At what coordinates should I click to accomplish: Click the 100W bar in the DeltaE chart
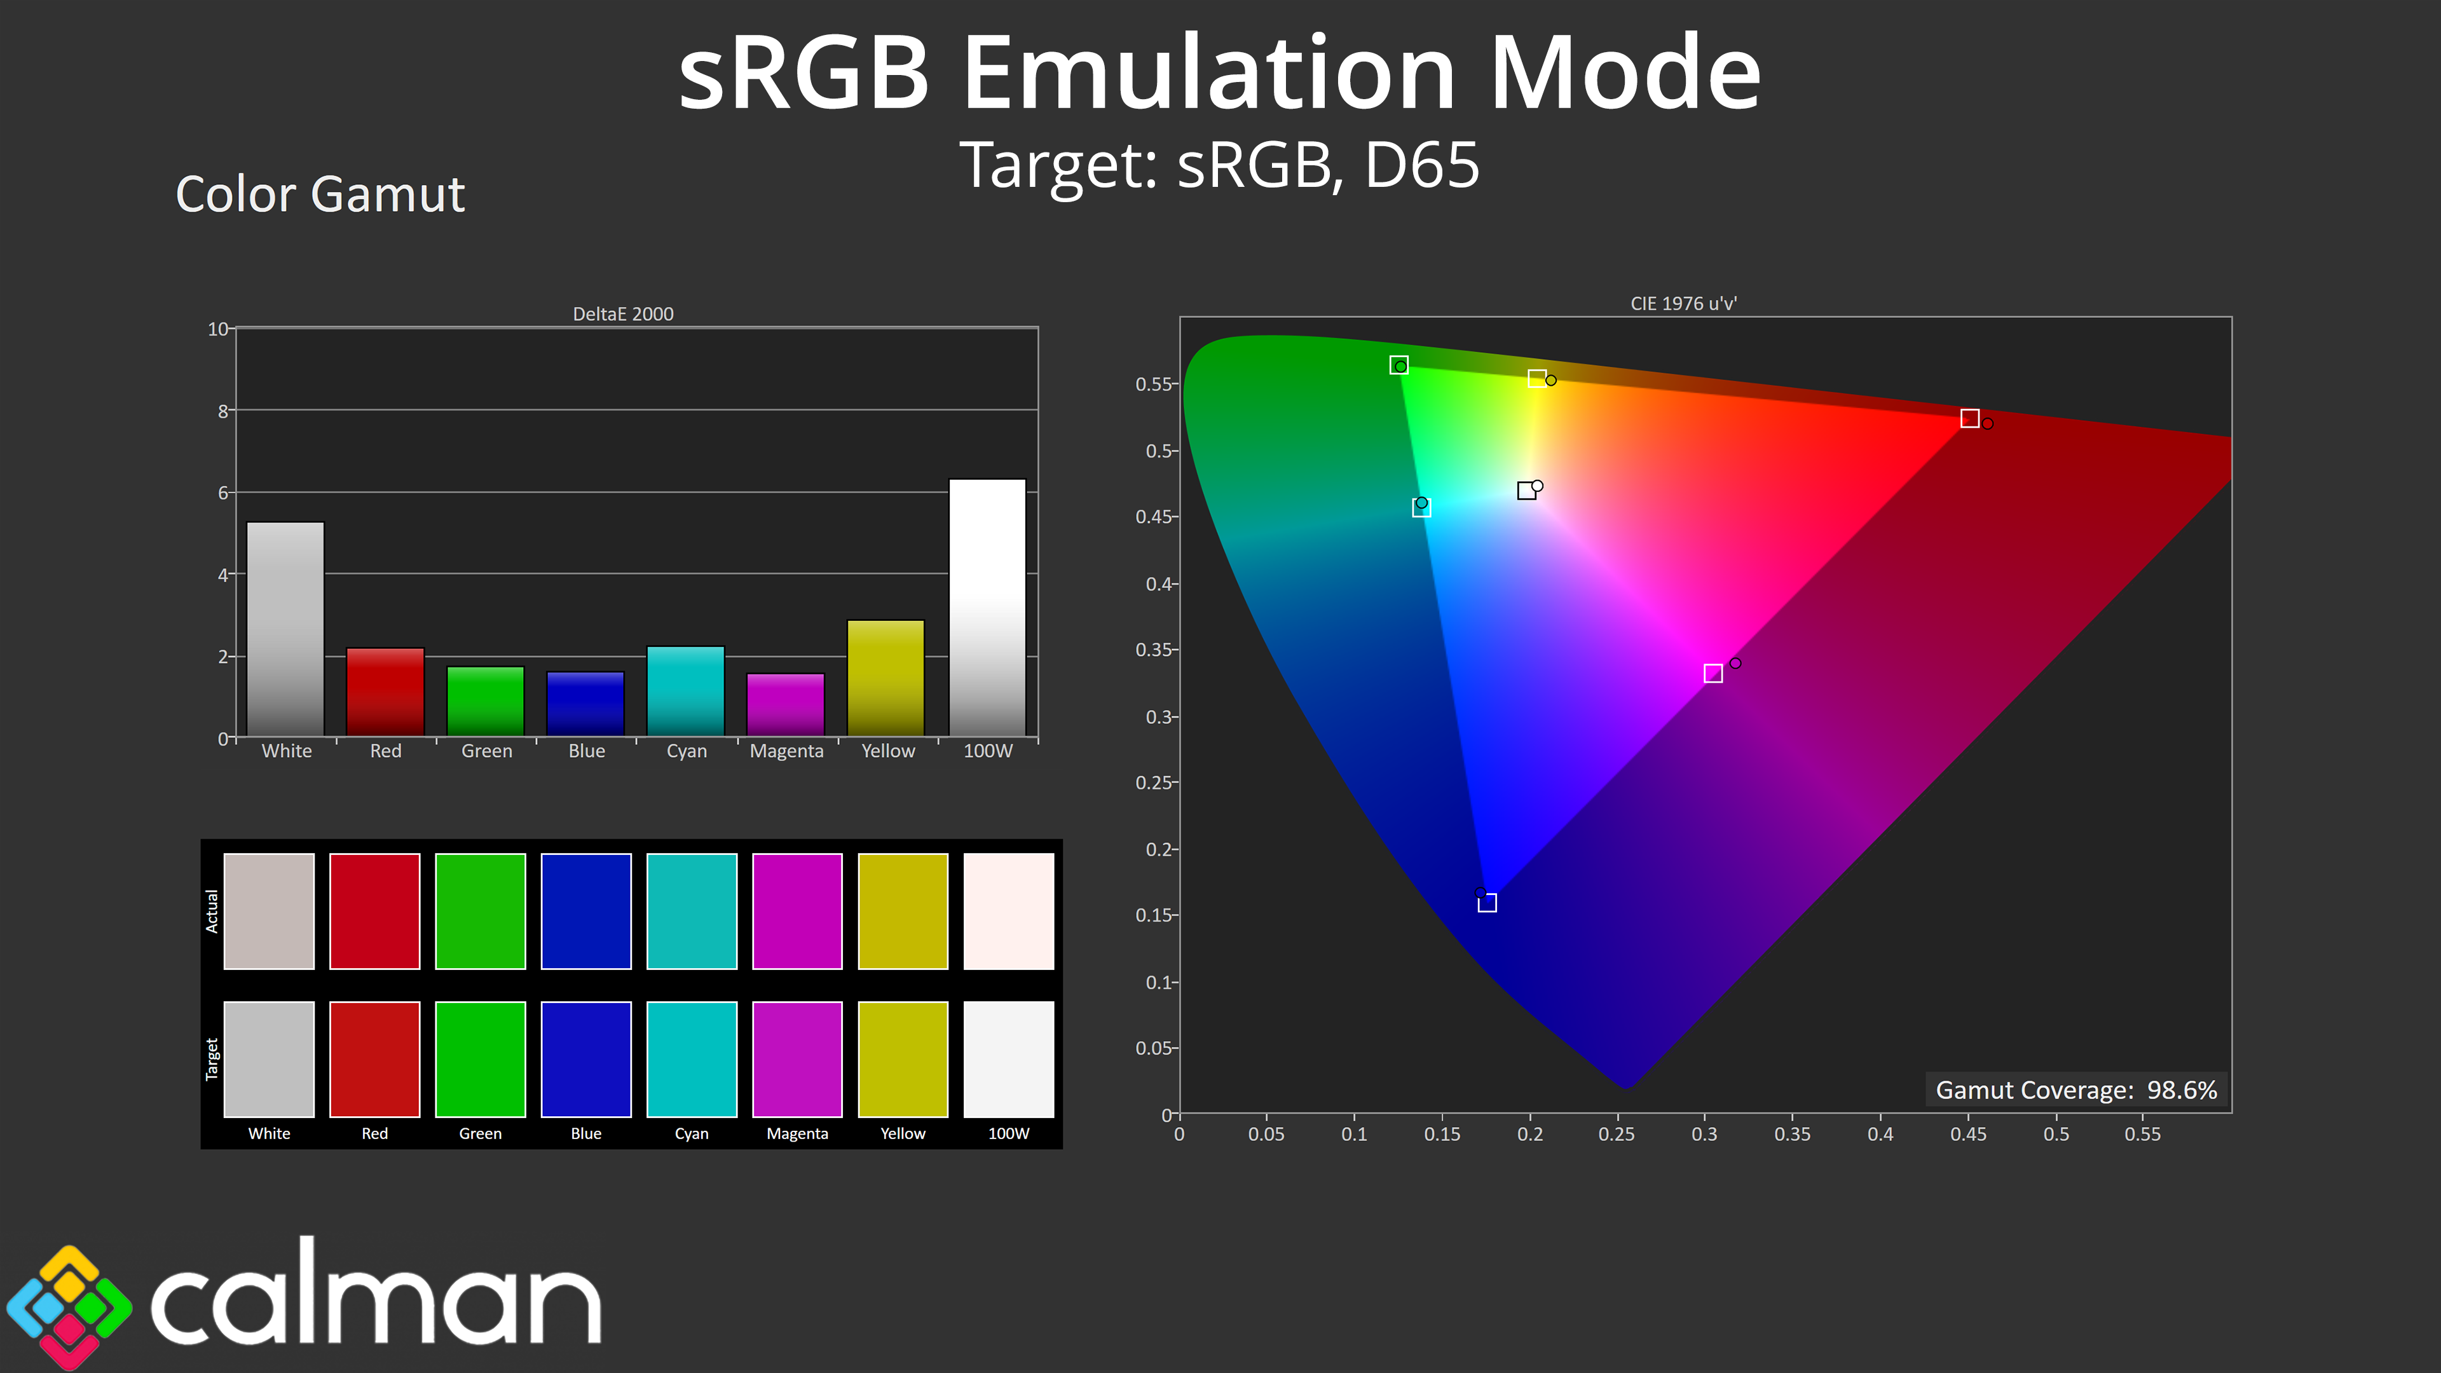coord(987,608)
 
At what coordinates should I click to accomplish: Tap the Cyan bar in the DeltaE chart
coord(686,691)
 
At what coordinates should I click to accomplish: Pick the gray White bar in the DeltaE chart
coord(285,629)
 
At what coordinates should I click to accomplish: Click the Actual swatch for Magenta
coord(797,912)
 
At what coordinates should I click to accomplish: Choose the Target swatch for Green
coord(481,1060)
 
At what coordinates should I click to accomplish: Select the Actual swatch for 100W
coord(1008,912)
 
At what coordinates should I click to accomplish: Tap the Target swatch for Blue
coord(585,1060)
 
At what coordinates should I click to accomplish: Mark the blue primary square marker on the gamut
coord(1487,903)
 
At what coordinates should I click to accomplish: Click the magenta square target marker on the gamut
coord(1713,674)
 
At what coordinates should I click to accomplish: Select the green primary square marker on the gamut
coord(1398,365)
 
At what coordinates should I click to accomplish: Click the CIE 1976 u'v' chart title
coord(1684,303)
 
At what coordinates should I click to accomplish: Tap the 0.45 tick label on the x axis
coord(1968,1134)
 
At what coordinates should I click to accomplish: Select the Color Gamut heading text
coord(320,195)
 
